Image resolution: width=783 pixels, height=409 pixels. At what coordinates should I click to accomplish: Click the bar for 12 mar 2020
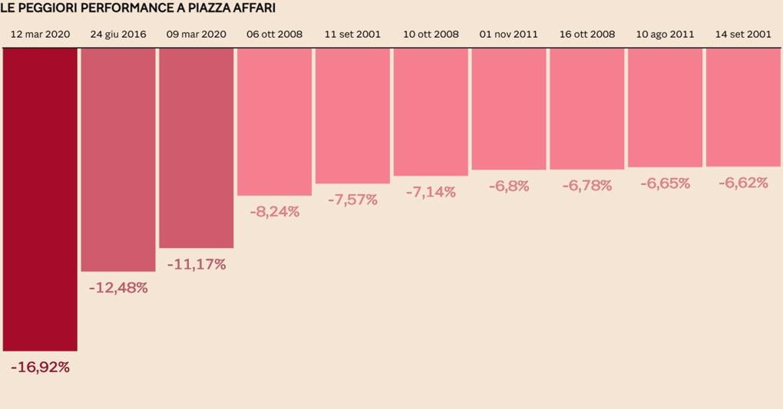40,200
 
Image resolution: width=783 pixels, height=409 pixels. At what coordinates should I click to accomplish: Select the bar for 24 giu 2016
118,160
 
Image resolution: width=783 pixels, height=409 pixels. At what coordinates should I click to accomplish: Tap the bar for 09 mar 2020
197,148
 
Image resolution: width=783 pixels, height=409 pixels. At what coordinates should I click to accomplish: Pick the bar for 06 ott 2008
275,122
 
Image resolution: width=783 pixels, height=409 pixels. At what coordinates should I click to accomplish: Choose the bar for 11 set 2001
353,116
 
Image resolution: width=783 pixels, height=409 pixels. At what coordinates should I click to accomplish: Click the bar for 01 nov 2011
509,109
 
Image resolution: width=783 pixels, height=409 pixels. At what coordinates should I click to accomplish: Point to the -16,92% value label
40,368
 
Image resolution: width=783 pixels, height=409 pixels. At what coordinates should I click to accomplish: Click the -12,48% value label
118,289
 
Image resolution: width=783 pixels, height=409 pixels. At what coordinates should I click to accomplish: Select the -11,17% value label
197,265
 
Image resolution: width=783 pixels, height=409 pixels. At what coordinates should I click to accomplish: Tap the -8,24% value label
275,212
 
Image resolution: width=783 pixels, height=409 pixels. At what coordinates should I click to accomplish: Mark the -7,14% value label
431,192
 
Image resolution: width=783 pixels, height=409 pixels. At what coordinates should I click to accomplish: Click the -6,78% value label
587,186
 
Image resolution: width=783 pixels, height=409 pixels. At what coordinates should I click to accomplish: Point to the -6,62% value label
743,183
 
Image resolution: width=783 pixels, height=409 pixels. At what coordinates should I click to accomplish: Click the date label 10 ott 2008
431,35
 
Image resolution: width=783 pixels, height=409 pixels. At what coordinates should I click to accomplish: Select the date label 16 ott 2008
587,35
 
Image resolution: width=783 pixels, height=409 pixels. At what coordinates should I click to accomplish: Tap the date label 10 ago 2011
666,35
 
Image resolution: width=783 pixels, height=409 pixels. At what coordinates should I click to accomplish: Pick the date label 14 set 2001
743,35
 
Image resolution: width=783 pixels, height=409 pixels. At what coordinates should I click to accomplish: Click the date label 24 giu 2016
118,35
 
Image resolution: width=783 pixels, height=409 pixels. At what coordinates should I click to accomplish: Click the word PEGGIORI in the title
48,8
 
